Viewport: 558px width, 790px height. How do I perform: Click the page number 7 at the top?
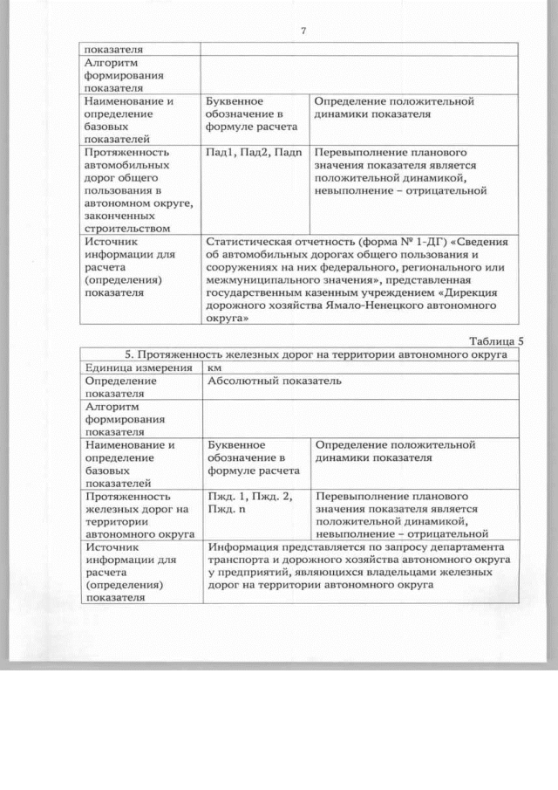coord(303,31)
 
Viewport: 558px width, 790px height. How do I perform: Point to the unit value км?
coord(214,368)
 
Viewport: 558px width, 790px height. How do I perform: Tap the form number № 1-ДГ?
coord(398,241)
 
